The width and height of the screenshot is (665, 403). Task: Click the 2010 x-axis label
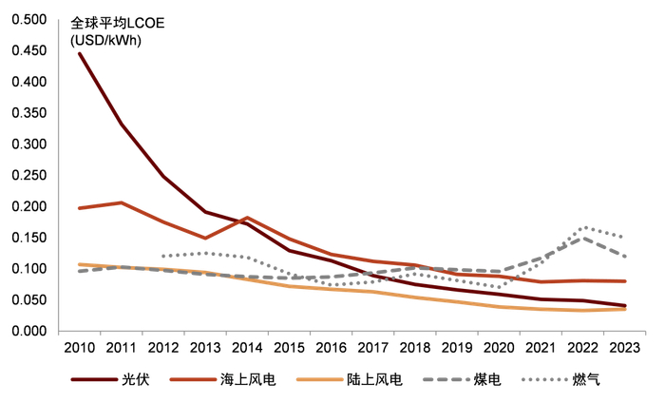tap(79, 348)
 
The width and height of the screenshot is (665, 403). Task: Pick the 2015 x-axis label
tap(289, 348)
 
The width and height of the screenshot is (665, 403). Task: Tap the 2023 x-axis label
tap(624, 348)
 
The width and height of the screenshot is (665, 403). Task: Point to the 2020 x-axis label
tap(498, 348)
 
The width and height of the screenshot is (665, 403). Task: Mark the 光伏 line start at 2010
tap(79, 53)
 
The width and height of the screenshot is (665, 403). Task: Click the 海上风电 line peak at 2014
tap(247, 218)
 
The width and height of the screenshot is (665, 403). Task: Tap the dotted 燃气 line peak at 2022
tap(582, 227)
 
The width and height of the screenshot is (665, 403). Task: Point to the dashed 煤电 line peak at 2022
tap(582, 238)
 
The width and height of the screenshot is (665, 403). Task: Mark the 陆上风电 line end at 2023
tap(624, 309)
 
